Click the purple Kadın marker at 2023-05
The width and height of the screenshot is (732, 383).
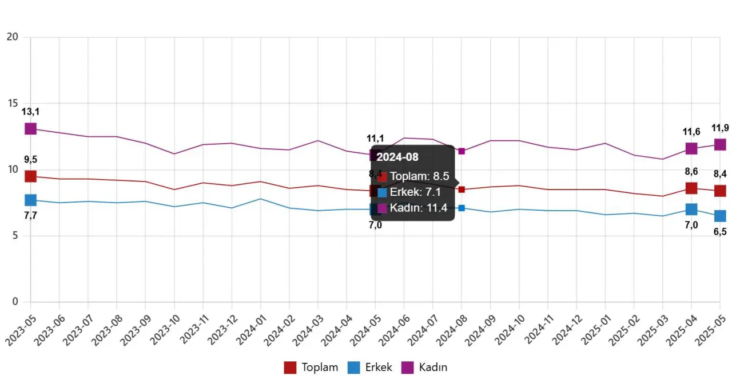(30, 129)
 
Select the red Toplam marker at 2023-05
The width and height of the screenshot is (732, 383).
(30, 176)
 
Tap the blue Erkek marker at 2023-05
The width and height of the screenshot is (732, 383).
(30, 200)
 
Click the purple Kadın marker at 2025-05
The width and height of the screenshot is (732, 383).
(720, 144)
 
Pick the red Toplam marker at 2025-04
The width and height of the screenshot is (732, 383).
(691, 188)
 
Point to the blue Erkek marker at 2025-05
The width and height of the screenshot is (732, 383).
(720, 216)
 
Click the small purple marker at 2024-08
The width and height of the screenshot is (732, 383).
(462, 151)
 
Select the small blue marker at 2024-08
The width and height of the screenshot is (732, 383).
(462, 208)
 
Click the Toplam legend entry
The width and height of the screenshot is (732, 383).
(311, 368)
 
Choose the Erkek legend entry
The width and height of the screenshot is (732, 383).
(370, 368)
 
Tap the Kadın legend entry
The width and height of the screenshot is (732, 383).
(425, 368)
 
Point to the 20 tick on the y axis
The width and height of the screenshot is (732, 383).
(12, 37)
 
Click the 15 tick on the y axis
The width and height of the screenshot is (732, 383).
(12, 104)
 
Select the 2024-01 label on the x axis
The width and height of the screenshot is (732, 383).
(251, 331)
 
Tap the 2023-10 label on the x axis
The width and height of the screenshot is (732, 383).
(165, 331)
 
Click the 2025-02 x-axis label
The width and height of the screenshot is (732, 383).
(625, 331)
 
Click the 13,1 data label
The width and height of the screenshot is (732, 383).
(30, 112)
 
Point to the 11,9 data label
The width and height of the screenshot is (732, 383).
(720, 128)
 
